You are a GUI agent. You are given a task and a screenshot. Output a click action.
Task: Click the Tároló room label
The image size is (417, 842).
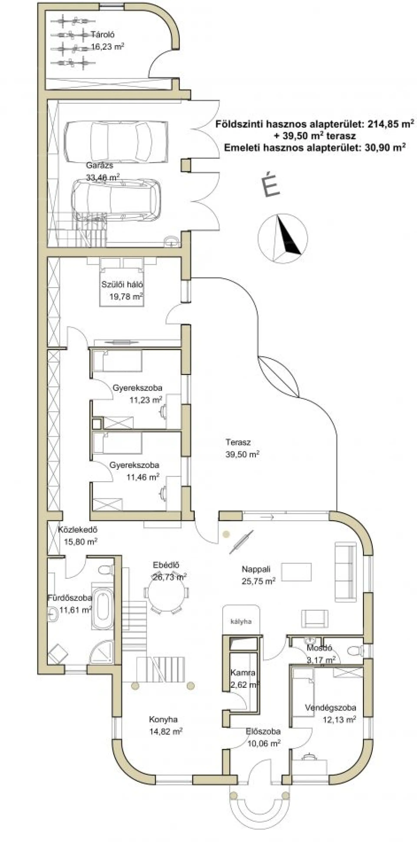tap(103, 34)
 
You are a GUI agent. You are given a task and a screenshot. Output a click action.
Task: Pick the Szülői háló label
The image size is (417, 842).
tap(122, 284)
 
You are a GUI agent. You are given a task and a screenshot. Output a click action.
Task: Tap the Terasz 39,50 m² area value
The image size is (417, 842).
tap(243, 454)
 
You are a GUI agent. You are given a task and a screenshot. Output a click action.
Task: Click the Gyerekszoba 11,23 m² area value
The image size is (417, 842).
tap(146, 400)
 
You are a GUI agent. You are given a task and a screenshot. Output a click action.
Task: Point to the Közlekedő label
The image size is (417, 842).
tap(78, 530)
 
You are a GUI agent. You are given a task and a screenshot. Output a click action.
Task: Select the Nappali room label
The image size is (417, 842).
tap(256, 569)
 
